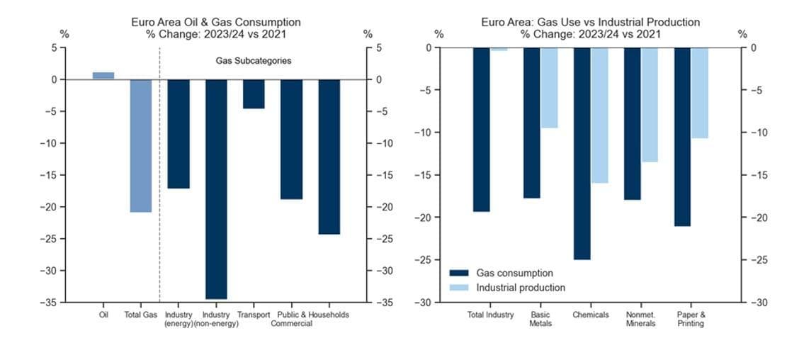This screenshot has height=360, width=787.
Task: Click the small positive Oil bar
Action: [103, 76]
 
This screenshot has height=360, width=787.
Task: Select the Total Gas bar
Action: [140, 145]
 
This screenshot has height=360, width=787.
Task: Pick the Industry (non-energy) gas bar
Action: [216, 189]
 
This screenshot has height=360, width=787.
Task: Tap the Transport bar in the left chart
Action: [254, 94]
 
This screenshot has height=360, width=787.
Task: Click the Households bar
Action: [329, 157]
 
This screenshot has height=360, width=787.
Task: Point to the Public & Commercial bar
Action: [291, 139]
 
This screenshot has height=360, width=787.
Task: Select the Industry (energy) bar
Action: [179, 134]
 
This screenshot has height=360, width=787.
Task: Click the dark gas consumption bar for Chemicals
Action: [582, 153]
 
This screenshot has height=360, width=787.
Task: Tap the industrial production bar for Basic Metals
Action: [549, 88]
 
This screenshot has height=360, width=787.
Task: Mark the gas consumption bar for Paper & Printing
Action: [683, 137]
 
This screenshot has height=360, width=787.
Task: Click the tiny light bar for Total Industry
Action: [499, 50]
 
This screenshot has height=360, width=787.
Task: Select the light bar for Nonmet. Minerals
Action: [650, 105]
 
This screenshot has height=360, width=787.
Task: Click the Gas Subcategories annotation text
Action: [253, 61]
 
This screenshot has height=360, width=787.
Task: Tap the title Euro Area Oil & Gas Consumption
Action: [215, 23]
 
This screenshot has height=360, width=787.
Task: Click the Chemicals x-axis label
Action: [591, 315]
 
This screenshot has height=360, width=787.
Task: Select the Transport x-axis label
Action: [254, 315]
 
